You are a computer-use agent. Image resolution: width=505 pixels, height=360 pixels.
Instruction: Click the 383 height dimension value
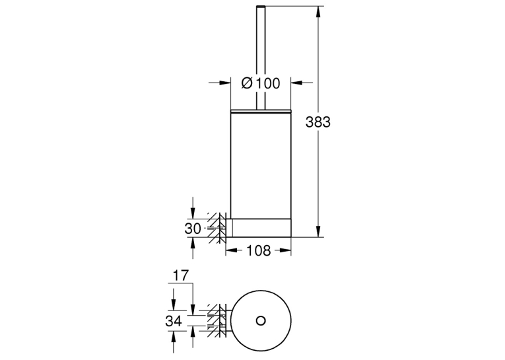tap(318, 122)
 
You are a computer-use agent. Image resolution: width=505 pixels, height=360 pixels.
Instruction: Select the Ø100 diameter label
tap(261, 83)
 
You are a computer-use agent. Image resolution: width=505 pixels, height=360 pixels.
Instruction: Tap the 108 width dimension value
tap(259, 250)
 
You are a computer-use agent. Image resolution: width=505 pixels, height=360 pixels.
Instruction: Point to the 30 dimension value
tap(193, 229)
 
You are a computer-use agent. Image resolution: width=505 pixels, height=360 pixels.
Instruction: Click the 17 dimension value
tap(180, 275)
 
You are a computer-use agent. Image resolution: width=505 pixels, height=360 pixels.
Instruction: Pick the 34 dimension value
tap(174, 321)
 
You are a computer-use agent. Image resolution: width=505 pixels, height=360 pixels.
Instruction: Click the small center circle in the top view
tap(261, 320)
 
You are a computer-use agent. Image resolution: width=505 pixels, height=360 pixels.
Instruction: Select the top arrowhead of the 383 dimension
tap(318, 12)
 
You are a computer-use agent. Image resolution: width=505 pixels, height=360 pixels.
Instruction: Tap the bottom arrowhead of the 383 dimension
tap(318, 231)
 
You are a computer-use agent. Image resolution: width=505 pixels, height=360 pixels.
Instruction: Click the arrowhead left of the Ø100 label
tap(225, 83)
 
